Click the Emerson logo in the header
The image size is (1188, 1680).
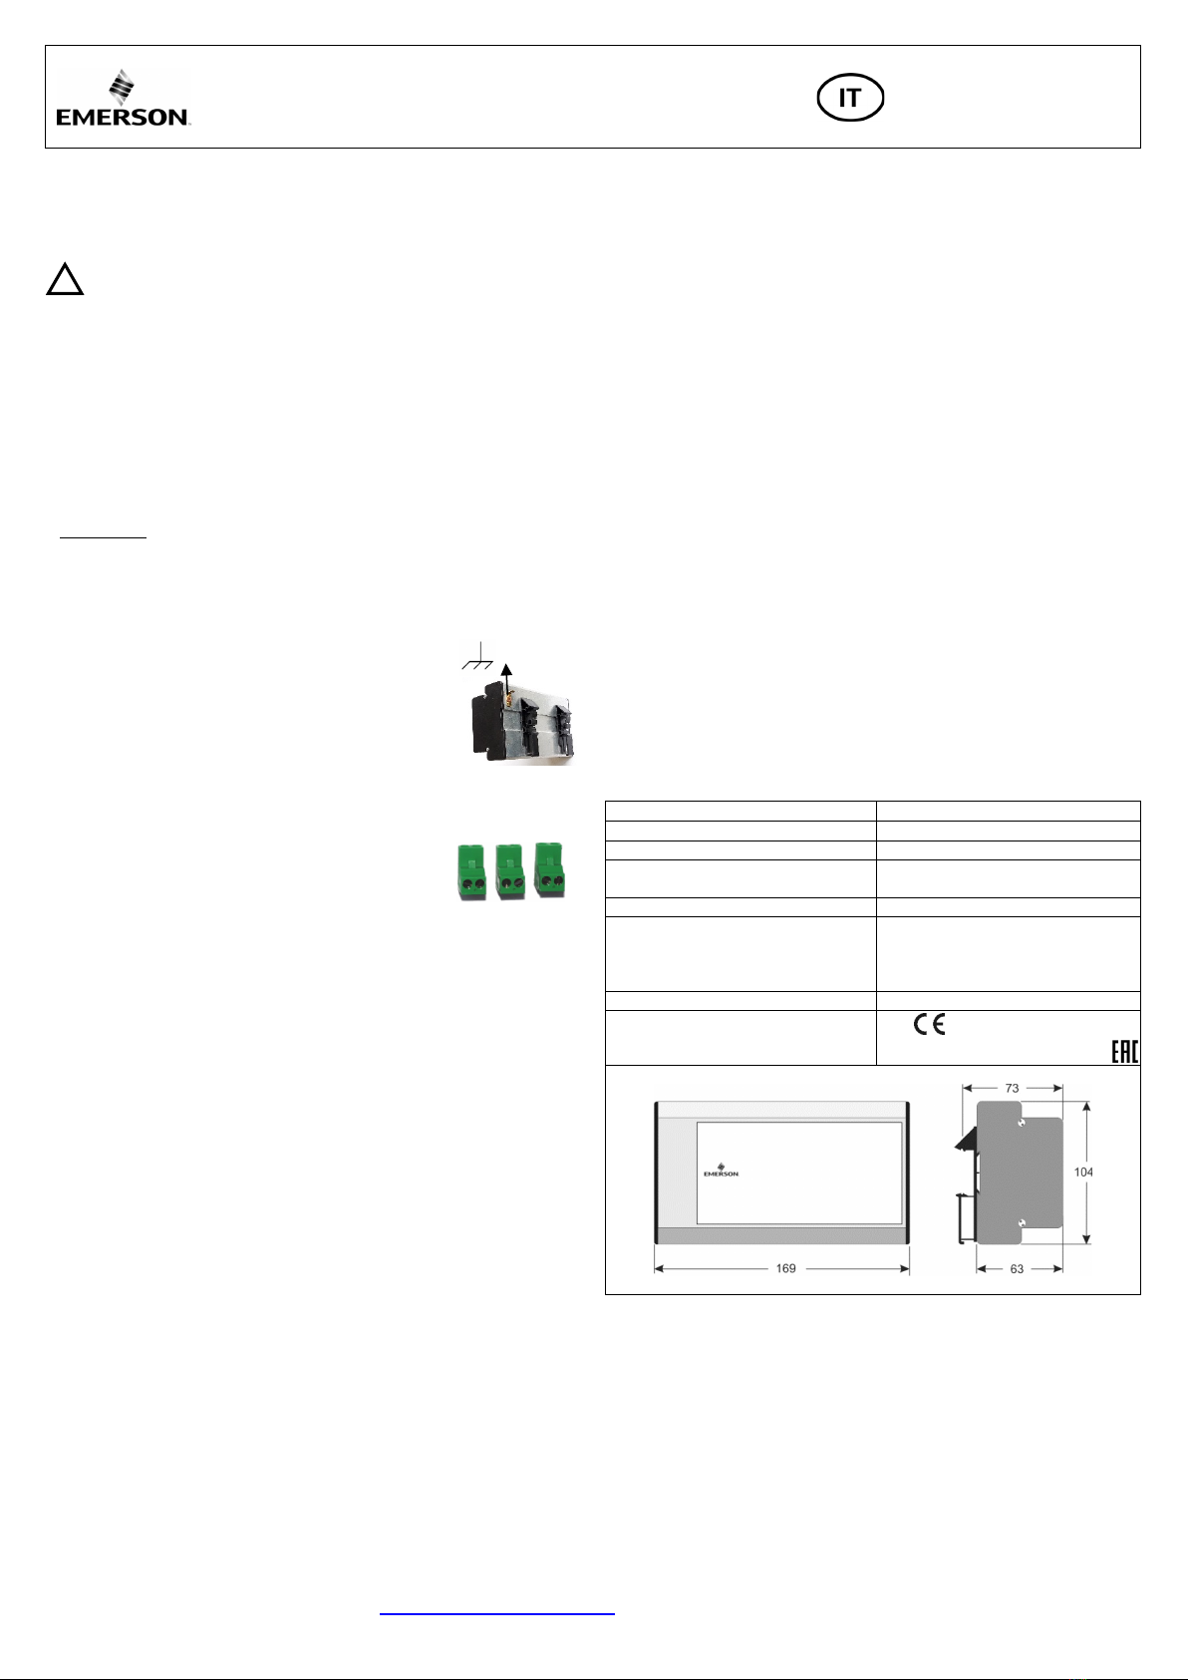[124, 99]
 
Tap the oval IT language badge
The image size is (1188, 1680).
[850, 98]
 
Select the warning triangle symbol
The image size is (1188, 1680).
[65, 279]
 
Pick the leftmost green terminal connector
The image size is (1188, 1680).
[471, 872]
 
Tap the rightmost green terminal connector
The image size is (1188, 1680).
[549, 870]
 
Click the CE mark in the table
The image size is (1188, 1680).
[930, 1024]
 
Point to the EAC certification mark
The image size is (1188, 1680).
[1125, 1052]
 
